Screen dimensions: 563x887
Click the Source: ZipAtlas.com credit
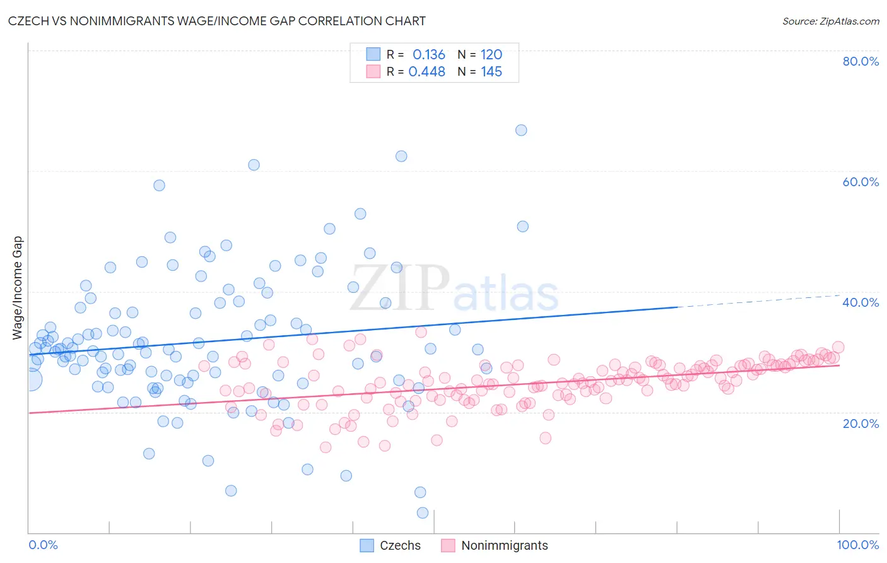coord(830,21)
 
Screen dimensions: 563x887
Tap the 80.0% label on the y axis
coord(861,61)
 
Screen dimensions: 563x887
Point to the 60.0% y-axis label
coord(861,182)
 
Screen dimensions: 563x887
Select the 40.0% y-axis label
coord(861,302)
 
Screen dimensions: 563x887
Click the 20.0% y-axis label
coord(861,423)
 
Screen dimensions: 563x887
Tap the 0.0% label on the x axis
coord(44,545)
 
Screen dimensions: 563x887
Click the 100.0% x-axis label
coord(857,545)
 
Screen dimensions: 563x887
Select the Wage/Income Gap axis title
coord(18,288)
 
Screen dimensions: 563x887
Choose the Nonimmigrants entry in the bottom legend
coord(504,545)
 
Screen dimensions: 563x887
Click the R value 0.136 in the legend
coord(429,54)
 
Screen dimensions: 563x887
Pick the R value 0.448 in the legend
coord(427,71)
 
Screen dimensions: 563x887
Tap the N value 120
coord(491,54)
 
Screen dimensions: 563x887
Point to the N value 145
coord(491,71)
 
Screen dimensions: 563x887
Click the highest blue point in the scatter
coord(521,130)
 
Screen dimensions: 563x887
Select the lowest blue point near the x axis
coord(423,513)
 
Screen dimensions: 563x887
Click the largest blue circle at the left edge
coord(30,379)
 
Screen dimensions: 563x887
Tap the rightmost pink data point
coord(838,347)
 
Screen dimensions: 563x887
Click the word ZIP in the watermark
coord(399,288)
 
